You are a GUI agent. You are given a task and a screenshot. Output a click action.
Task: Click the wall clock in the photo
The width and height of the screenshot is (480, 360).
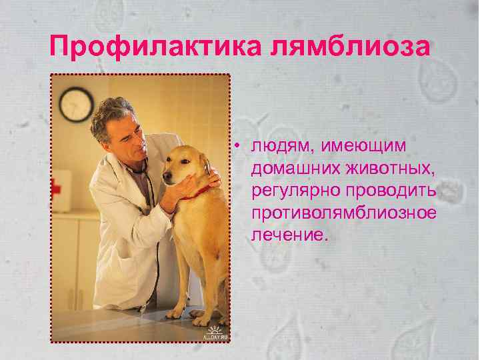click(75, 104)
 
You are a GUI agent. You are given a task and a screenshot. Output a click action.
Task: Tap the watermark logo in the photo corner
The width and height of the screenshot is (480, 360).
click(215, 333)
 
